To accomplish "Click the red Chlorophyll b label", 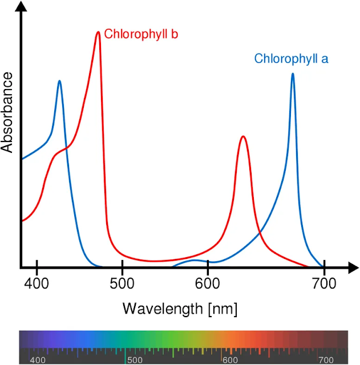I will [141, 34].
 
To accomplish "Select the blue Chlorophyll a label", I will [291, 59].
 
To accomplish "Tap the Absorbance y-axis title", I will [7, 112].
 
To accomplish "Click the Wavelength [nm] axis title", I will [180, 309].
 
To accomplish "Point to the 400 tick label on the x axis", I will [37, 283].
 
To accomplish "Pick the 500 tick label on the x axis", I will [123, 283].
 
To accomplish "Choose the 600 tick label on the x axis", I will [208, 283].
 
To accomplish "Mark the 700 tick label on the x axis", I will [323, 283].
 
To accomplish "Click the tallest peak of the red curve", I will [98, 33].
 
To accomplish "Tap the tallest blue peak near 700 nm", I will [293, 74].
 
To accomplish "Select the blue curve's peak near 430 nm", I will [59, 82].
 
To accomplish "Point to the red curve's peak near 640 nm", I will [243, 137].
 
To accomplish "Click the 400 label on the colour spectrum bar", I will [38, 360].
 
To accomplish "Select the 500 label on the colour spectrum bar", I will [134, 360].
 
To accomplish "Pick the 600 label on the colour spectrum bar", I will [230, 360].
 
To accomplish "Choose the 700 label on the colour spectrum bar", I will [326, 360].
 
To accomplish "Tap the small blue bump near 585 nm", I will [195, 261].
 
